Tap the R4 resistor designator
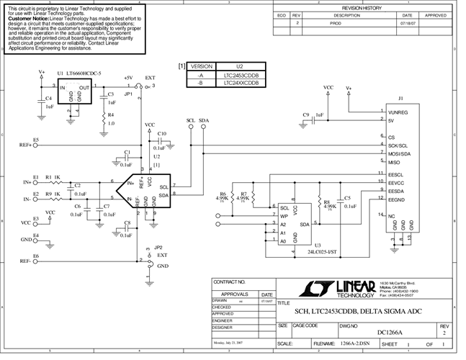tap(110, 114)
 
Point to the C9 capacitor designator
tap(306, 114)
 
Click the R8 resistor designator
tap(326, 202)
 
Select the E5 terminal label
tap(35, 139)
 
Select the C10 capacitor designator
tap(161, 134)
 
